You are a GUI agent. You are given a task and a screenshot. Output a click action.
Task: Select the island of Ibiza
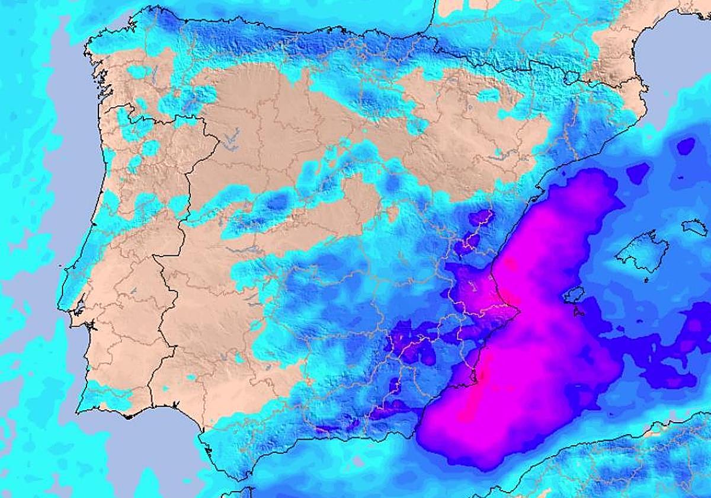(574, 295)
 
